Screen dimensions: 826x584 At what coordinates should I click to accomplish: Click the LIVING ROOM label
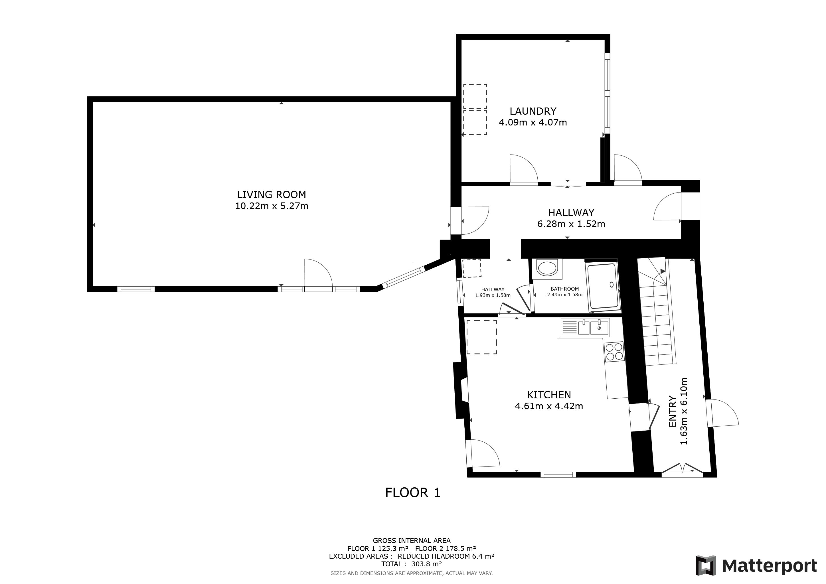tap(271, 195)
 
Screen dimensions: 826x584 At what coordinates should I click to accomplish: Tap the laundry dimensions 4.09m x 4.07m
tap(533, 123)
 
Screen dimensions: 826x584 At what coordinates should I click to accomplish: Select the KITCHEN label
tap(549, 395)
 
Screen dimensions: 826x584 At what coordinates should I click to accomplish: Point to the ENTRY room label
tap(672, 411)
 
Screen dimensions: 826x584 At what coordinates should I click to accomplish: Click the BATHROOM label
tap(564, 289)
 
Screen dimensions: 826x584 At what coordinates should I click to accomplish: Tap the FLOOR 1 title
tap(413, 493)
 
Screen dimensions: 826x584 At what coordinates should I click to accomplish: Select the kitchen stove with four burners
tap(614, 351)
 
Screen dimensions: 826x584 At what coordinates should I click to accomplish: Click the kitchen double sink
tap(583, 328)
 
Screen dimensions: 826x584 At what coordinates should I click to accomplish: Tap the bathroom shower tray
tap(603, 286)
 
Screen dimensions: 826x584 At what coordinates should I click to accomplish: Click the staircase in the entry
tap(656, 311)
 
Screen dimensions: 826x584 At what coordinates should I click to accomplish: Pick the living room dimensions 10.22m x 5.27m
tap(272, 206)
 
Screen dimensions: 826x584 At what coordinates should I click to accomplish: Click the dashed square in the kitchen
tap(482, 337)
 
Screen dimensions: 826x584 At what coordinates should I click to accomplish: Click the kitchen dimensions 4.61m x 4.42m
tap(549, 406)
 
